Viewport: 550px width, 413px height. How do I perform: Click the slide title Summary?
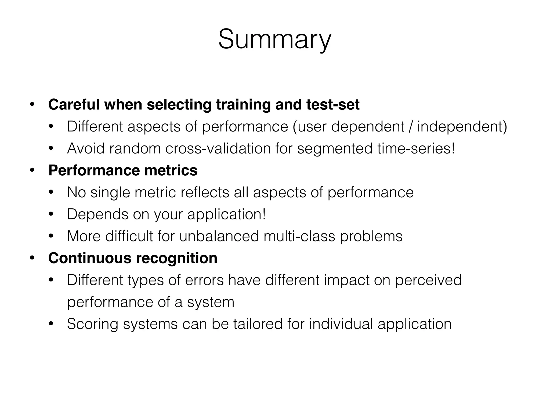click(275, 40)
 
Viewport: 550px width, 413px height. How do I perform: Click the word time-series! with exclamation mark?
click(416, 148)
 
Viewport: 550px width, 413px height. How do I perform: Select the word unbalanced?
click(219, 236)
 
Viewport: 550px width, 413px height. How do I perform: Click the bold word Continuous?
click(90, 258)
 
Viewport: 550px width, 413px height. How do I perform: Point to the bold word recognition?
click(176, 258)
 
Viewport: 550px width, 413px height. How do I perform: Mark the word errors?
click(204, 280)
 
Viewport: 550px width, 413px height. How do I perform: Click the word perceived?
click(428, 280)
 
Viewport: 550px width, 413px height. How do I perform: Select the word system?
click(211, 302)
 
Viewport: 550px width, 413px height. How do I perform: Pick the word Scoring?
click(92, 324)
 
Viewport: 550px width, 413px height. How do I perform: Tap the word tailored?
click(258, 324)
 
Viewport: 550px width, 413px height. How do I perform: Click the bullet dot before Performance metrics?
click(32, 170)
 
